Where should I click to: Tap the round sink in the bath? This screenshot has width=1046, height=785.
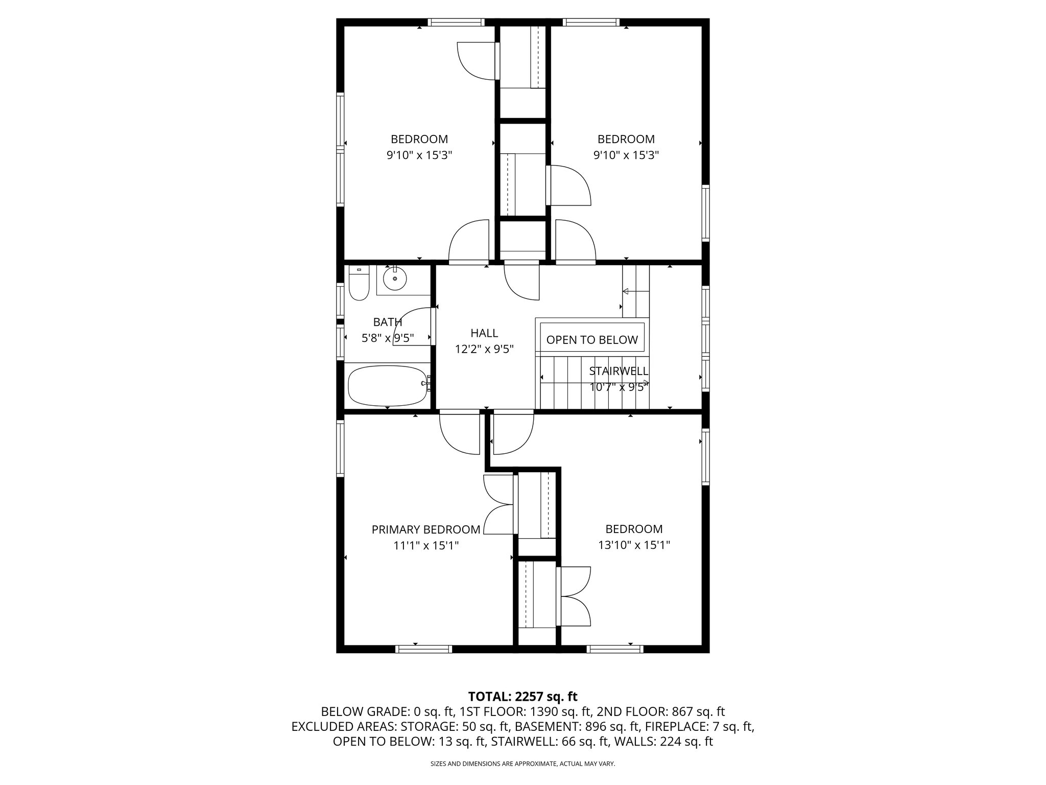(395, 280)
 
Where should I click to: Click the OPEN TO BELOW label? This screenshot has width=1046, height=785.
(592, 340)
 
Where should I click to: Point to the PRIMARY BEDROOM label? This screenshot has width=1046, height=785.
(425, 529)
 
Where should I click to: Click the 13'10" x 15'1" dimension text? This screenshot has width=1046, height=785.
(634, 545)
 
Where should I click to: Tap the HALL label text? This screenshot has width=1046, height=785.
(484, 333)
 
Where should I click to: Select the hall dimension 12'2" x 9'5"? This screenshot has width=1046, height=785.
(484, 349)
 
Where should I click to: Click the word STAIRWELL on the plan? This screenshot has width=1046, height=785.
(619, 371)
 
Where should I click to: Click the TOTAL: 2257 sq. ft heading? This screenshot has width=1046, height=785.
(522, 696)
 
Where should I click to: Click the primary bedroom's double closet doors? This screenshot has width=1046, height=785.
(497, 504)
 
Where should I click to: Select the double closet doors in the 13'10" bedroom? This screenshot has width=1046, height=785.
(576, 596)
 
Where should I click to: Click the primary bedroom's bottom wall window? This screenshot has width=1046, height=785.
(423, 649)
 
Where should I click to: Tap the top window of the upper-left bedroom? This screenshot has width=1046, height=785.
(456, 22)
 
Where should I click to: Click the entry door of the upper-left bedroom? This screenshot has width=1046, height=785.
(469, 241)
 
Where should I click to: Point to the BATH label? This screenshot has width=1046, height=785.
(387, 322)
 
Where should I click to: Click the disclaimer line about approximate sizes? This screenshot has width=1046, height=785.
(522, 764)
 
